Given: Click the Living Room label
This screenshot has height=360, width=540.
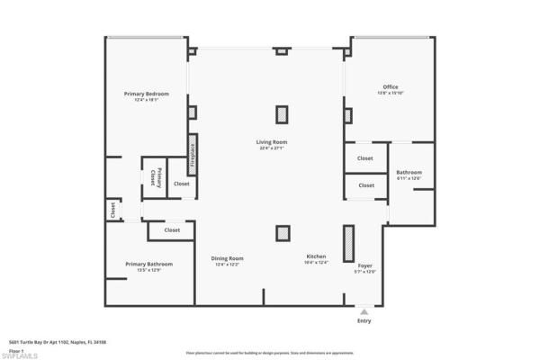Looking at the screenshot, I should [x=271, y=141].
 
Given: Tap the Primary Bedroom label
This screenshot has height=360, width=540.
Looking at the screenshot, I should [x=146, y=94].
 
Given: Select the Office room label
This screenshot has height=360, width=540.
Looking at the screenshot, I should [x=390, y=87].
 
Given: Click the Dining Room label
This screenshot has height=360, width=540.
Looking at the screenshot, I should [x=228, y=258].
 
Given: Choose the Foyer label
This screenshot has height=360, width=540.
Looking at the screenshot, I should [x=364, y=266].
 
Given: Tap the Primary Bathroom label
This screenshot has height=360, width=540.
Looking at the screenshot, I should [x=148, y=264].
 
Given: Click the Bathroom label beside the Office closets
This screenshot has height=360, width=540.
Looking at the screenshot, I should [x=409, y=172].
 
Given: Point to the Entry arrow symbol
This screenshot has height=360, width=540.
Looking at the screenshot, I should [x=364, y=311].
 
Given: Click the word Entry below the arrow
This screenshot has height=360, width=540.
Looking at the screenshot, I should [x=364, y=321].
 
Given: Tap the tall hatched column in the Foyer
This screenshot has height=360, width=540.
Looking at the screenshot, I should [x=348, y=243].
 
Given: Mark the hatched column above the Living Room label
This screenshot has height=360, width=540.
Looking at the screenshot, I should [x=283, y=114].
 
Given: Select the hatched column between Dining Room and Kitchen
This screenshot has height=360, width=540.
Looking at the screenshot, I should [x=283, y=233].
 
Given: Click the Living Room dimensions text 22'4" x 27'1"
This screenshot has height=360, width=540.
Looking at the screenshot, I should [x=271, y=148].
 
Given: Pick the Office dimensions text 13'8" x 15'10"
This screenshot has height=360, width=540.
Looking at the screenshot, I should [x=390, y=94].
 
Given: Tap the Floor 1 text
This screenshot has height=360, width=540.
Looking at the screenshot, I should [x=15, y=350].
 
